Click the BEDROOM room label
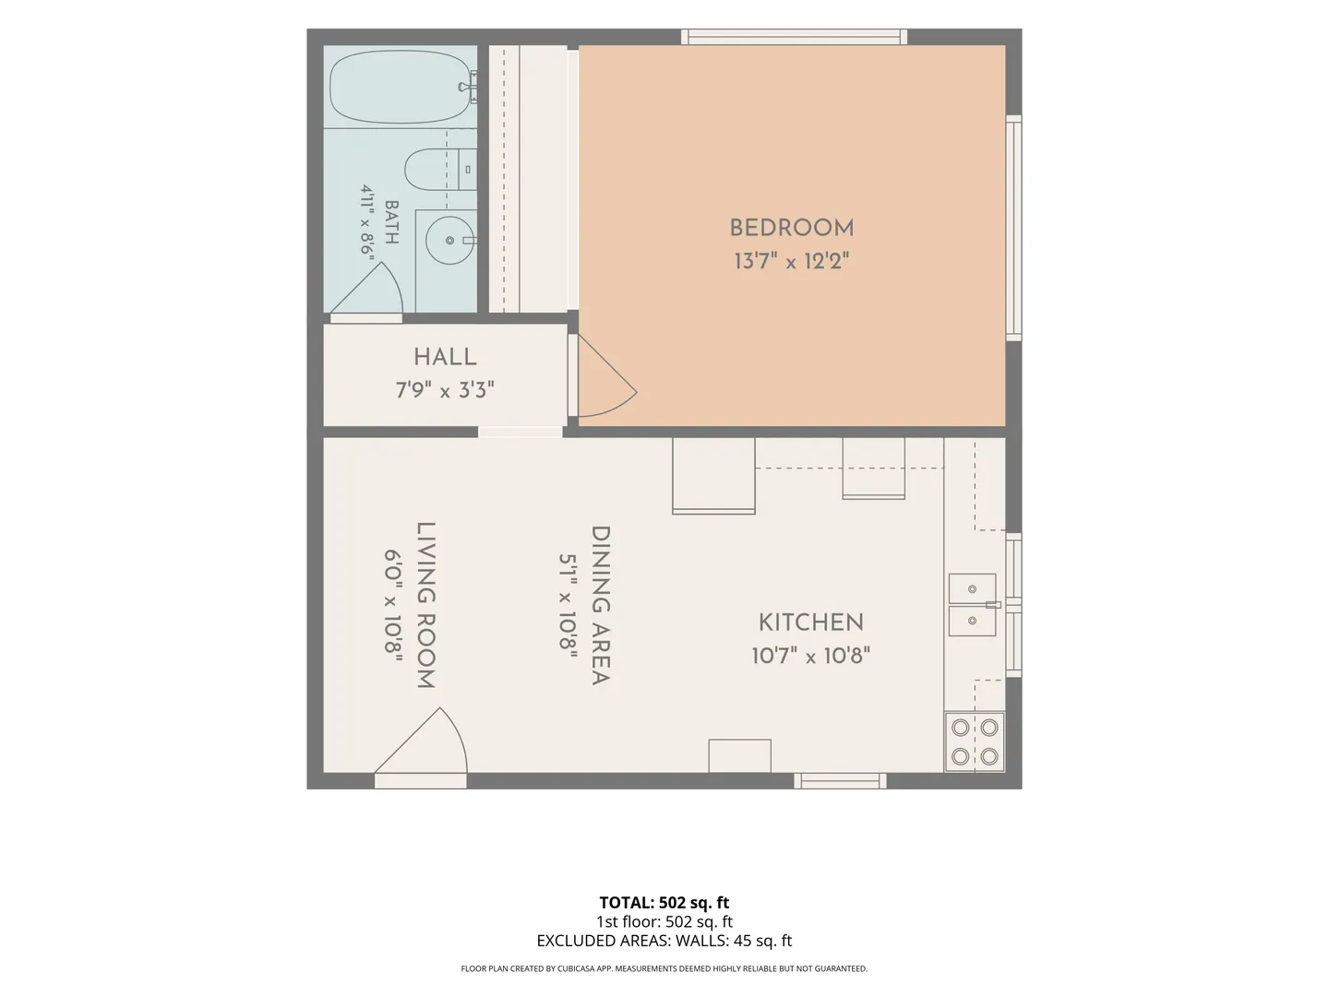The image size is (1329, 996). coord(791,229)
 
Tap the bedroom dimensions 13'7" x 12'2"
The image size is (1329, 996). coord(791,261)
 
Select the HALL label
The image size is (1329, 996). coord(445,357)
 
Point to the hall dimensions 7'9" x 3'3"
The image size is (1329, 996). coord(445,390)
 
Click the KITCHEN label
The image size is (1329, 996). coord(810,622)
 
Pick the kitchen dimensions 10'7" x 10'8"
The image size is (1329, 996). coord(810,656)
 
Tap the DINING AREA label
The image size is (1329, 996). coord(601,605)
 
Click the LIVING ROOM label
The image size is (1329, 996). coord(426,605)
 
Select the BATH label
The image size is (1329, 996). coord(391,222)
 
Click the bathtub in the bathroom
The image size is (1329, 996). coord(401,87)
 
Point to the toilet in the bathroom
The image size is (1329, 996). coord(440,170)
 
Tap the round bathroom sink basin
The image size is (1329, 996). coord(449,240)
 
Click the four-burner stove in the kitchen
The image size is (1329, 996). coord(975,742)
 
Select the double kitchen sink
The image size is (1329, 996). coord(973,605)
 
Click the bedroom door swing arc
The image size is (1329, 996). coord(607,376)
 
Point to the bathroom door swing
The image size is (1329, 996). coord(365,288)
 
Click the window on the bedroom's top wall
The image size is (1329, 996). coord(794,37)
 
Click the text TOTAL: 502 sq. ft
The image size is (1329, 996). coord(664,902)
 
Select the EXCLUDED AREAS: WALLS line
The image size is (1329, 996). coord(664,941)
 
